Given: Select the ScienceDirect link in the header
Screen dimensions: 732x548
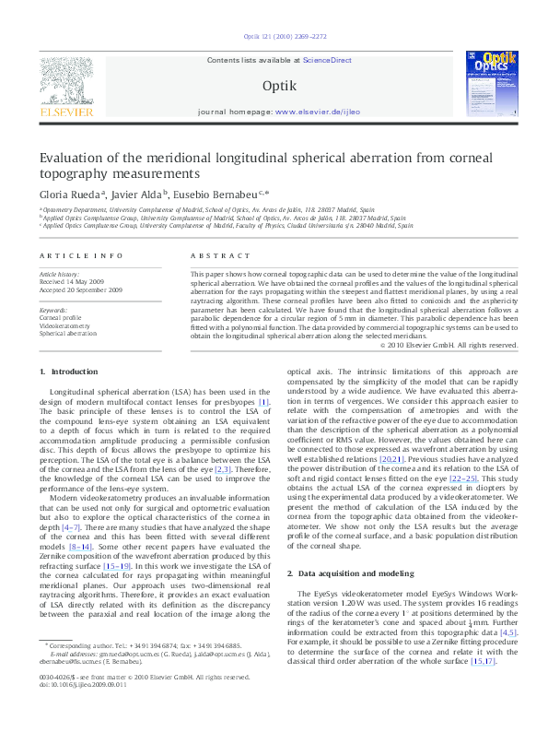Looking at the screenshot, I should (328, 60).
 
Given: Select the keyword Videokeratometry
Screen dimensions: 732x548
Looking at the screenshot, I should (64, 325).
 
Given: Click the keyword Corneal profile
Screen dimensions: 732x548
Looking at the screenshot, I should (59, 318).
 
